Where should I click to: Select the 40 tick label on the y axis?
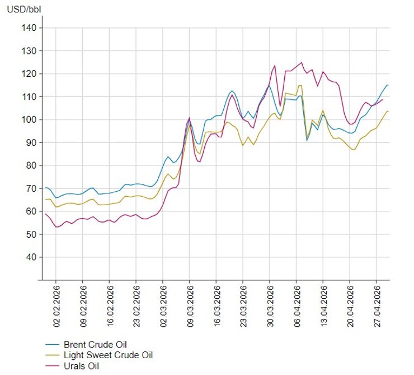31,257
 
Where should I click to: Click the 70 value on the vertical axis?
31,188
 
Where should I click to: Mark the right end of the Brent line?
388,85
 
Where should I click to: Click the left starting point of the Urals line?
45,214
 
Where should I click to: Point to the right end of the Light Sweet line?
388,111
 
